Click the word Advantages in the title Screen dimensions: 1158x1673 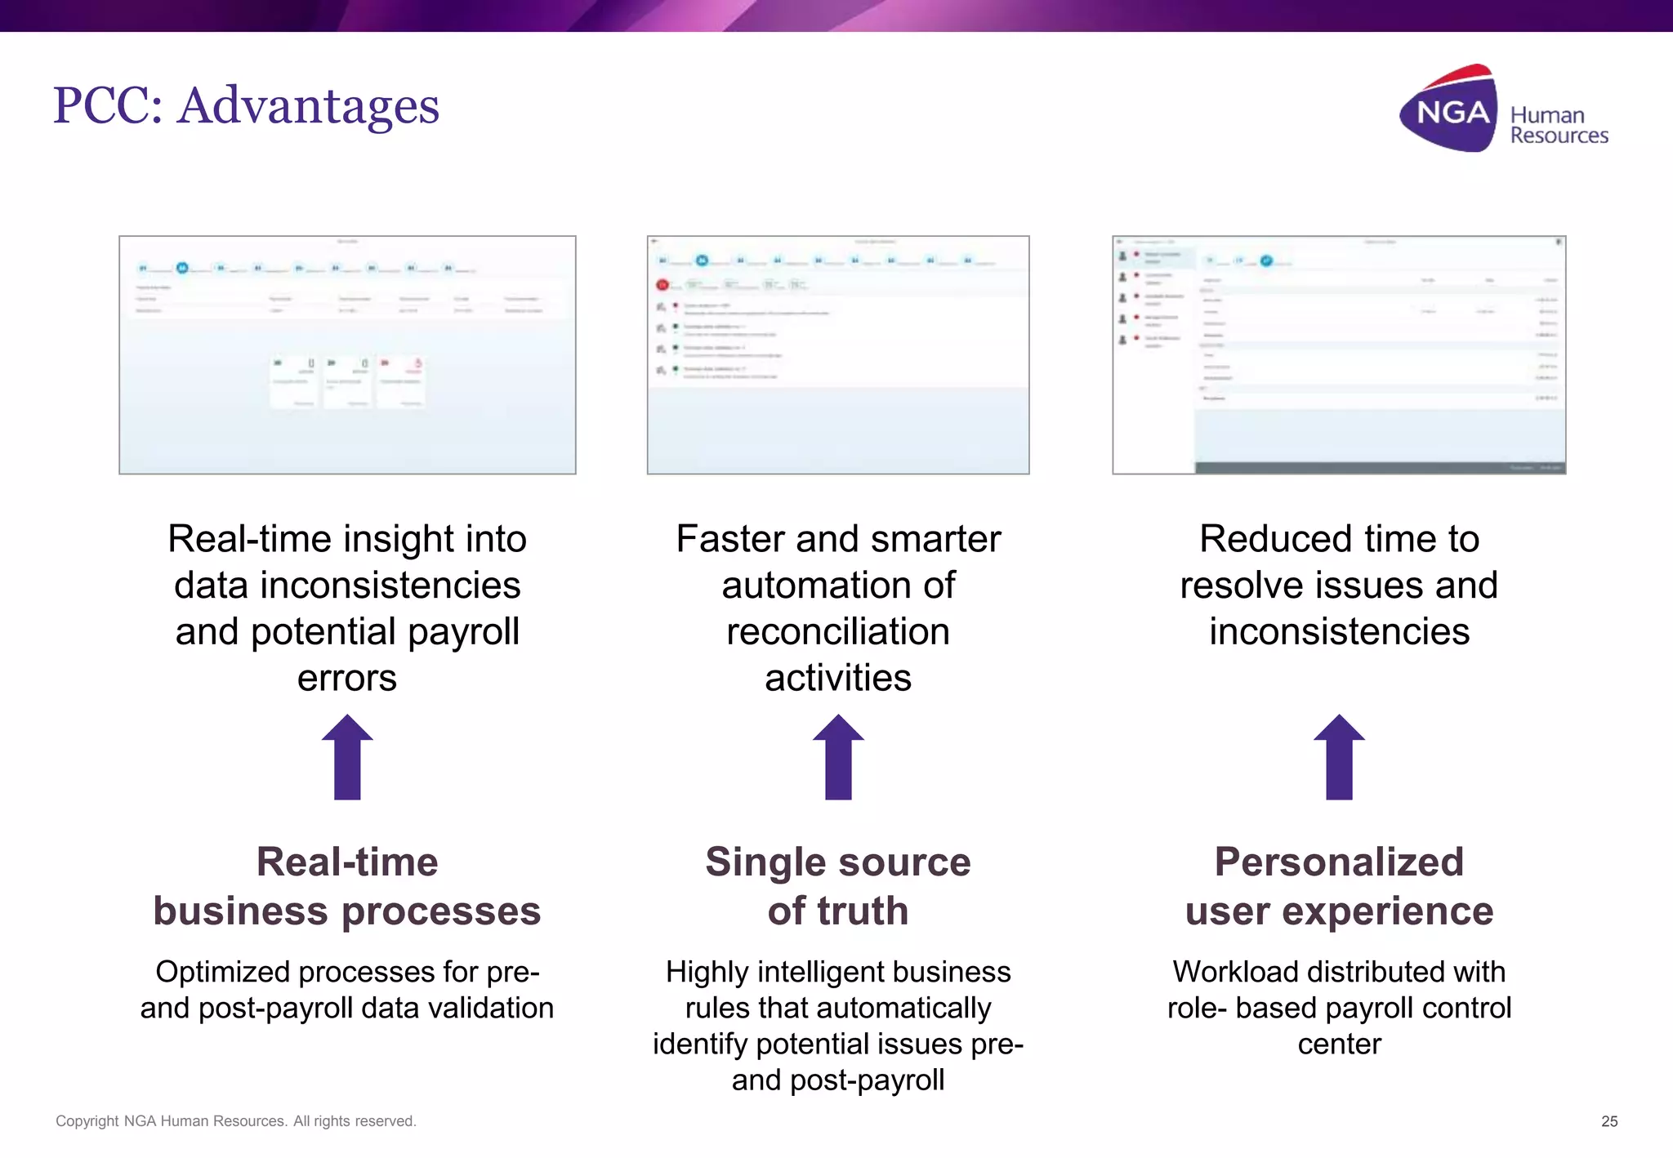(308, 106)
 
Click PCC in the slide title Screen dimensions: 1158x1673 (106, 106)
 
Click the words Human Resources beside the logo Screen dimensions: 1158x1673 (1558, 125)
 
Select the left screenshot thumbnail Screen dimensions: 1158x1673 (347, 354)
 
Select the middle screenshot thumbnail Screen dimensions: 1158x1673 (837, 354)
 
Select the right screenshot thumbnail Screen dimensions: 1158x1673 (1338, 354)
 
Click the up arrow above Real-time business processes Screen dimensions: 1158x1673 (347, 757)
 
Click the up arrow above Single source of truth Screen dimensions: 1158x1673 (838, 757)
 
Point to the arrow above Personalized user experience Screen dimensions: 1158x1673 (1339, 757)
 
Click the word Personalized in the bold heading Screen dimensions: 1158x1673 (1338, 862)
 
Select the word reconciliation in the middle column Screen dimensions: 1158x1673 (838, 632)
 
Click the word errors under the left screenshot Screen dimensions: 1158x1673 (347, 679)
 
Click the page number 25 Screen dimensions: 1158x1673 (1608, 1121)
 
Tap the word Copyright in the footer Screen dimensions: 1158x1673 (87, 1121)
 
